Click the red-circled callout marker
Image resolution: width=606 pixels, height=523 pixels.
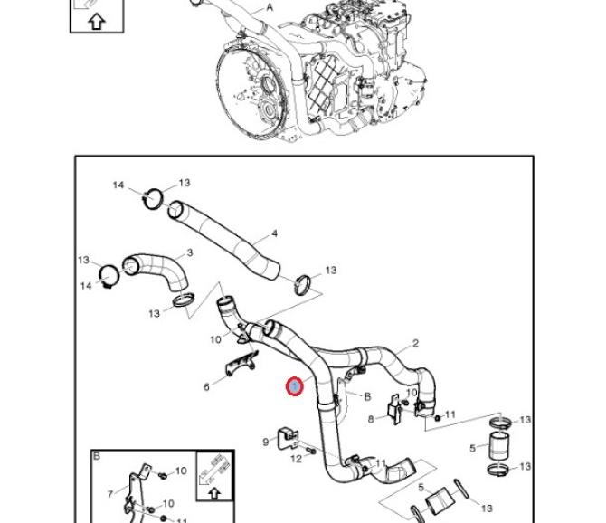pos(295,386)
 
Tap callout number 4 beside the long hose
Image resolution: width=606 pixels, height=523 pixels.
pos(274,234)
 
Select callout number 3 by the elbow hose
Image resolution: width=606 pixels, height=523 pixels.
pos(189,253)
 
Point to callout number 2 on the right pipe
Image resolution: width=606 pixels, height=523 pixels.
pos(415,343)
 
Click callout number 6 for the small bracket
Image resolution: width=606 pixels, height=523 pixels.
pos(206,387)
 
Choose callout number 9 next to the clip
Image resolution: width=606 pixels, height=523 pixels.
pos(265,442)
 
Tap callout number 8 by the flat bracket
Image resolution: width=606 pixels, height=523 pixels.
pos(371,419)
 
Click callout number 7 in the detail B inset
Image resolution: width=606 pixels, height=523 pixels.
pos(111,494)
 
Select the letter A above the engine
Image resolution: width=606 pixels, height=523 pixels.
pos(269,7)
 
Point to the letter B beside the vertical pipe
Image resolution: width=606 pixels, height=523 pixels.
pos(367,396)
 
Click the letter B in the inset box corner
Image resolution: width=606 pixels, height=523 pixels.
pos(97,457)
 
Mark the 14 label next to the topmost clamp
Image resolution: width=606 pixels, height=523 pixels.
pos(118,185)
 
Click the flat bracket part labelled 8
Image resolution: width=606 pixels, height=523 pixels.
pos(395,409)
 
